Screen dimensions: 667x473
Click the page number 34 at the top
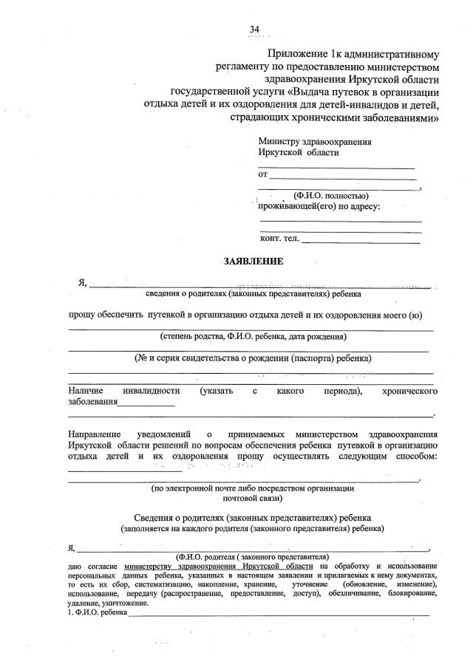pos(254,29)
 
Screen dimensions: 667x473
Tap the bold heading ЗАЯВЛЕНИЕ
pos(253,261)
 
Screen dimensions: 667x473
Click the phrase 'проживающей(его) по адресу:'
pos(319,206)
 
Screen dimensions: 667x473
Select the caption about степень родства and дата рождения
pos(253,337)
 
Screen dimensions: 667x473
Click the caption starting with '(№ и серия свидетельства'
pos(253,358)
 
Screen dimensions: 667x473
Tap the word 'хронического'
pos(409,389)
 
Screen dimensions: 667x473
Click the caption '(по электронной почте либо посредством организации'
pos(253,488)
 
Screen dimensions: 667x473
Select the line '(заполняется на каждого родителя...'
pos(253,529)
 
